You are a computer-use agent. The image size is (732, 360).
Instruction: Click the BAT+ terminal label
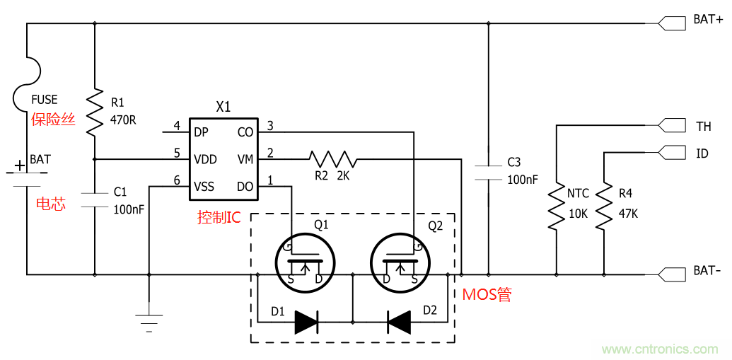(x=707, y=20)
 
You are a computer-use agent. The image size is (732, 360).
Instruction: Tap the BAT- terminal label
(x=707, y=272)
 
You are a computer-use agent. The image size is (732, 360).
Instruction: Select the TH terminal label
(x=703, y=127)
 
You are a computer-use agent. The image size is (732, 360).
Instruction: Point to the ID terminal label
(x=702, y=153)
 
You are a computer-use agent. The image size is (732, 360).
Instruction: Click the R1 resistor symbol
(x=95, y=112)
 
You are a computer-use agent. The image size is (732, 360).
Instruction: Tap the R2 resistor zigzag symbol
(x=332, y=158)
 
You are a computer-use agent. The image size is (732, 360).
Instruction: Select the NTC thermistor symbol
(x=557, y=207)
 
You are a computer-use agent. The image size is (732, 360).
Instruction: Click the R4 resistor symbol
(x=603, y=207)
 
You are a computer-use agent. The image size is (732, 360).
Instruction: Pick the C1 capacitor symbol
(x=95, y=199)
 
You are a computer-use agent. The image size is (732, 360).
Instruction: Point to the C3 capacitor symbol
(x=488, y=171)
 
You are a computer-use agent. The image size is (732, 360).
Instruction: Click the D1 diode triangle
(x=306, y=323)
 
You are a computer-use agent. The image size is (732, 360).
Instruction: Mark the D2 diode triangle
(x=399, y=323)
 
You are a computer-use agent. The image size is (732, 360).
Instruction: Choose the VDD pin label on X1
(x=205, y=159)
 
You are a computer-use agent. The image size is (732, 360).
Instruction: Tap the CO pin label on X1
(x=245, y=132)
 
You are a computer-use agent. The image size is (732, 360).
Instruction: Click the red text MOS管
(x=487, y=294)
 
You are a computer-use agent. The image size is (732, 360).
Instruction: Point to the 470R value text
(x=123, y=120)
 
